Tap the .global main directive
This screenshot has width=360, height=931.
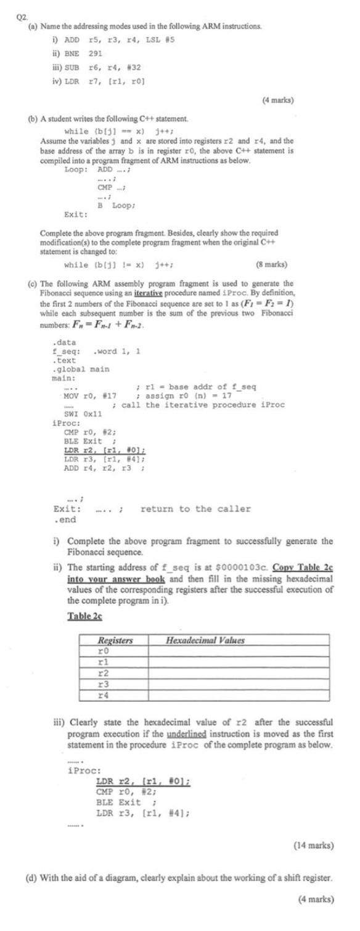click(81, 369)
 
